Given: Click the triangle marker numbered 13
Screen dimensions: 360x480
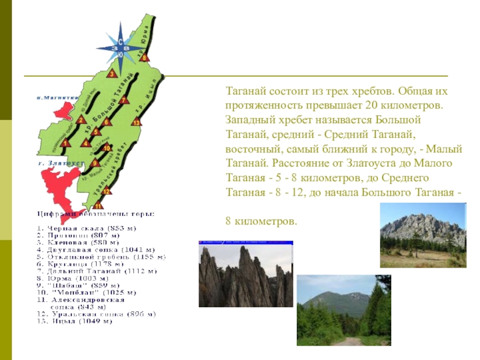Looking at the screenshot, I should pyautogui.click(x=137, y=122).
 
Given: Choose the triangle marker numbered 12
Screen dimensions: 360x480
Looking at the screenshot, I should pyautogui.click(x=106, y=191).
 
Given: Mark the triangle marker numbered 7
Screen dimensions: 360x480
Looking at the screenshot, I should pyautogui.click(x=122, y=100).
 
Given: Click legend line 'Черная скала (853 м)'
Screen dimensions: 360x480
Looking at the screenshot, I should pyautogui.click(x=86, y=229).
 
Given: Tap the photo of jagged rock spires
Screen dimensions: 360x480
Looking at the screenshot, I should pyautogui.click(x=246, y=274).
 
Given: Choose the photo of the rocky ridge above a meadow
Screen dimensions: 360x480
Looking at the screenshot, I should pyautogui.click(x=422, y=234).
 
